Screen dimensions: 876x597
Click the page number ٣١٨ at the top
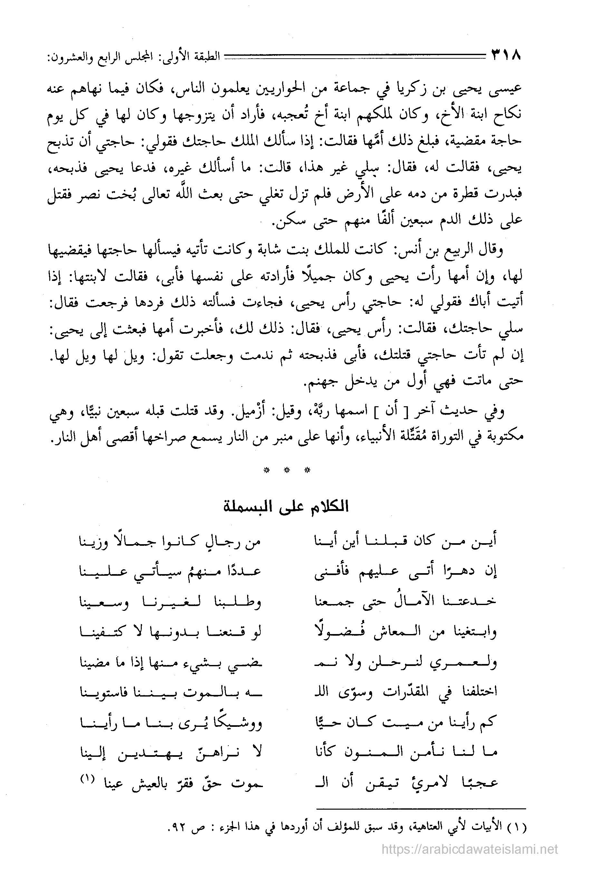pyautogui.click(x=506, y=56)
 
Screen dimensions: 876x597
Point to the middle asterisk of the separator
pyautogui.click(x=287, y=470)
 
